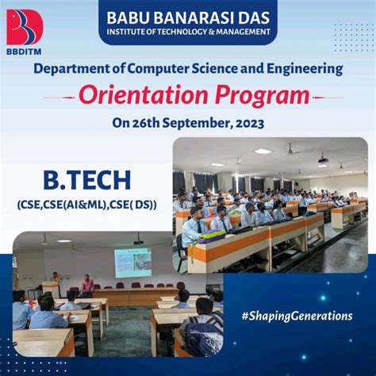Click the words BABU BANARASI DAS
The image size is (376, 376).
tap(187, 15)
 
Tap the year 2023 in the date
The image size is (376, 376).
tap(244, 123)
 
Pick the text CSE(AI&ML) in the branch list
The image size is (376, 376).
tap(86, 205)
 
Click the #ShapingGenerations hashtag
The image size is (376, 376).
tap(297, 316)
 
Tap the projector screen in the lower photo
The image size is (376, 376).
tap(132, 263)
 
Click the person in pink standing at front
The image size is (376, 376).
tap(87, 284)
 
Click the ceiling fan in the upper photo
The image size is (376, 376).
tap(290, 148)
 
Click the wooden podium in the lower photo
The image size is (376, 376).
tap(51, 289)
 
